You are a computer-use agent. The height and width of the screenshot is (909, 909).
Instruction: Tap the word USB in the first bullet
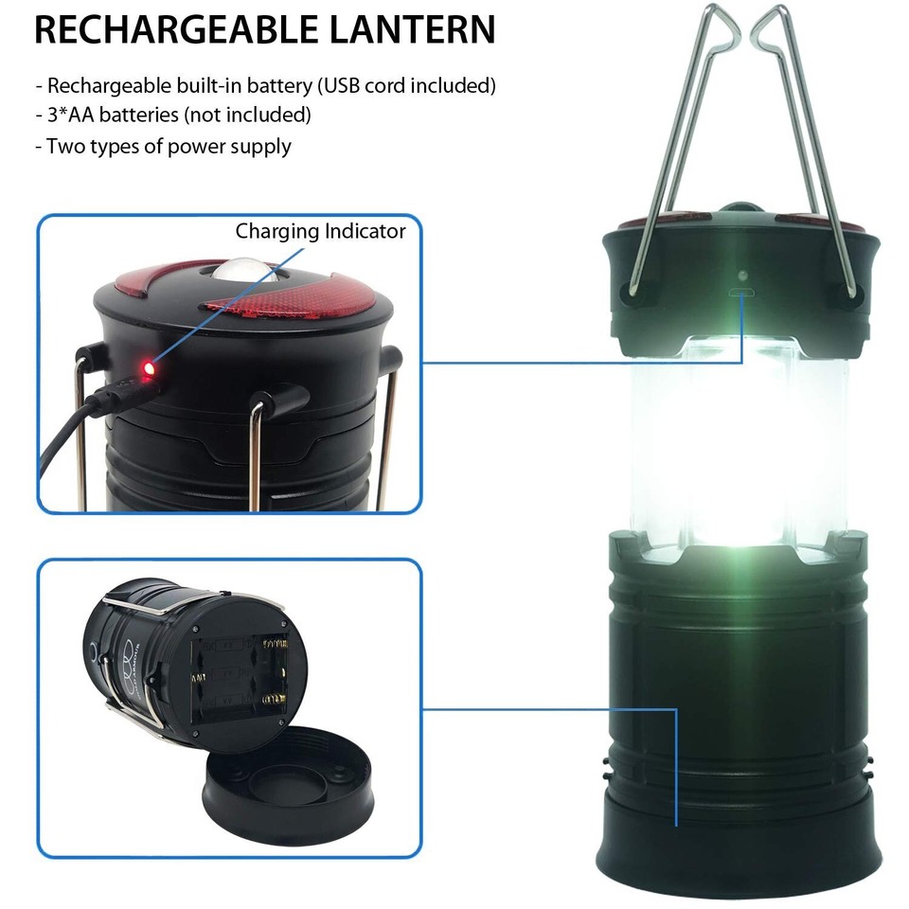click(343, 86)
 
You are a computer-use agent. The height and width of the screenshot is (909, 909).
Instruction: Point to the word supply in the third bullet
click(258, 147)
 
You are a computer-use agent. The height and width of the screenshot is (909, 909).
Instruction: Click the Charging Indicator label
click(320, 231)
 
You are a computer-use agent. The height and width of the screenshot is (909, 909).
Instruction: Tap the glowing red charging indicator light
click(147, 365)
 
